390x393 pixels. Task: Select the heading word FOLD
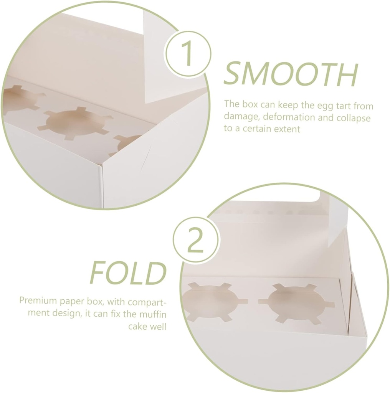pos(128,273)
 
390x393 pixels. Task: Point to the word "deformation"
pos(278,117)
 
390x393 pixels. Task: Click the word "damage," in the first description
pos(238,117)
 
